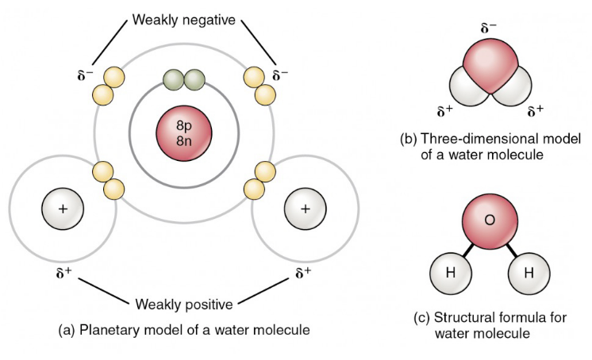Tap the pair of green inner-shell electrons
[183, 80]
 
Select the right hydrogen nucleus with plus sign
[305, 209]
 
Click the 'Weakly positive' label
[183, 304]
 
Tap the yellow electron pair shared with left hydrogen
[109, 180]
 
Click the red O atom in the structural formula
[489, 220]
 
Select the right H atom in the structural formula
[529, 274]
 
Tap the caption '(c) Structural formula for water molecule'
[490, 325]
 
